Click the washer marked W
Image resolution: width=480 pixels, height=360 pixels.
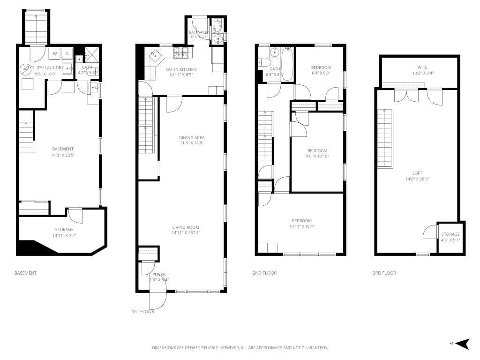coord(55,53)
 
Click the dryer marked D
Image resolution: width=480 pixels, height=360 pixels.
coord(67,53)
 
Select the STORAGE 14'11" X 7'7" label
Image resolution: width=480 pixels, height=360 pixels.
coord(64,232)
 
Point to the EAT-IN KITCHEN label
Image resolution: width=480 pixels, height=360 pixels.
coord(181,72)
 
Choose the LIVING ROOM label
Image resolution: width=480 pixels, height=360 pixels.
coord(186,230)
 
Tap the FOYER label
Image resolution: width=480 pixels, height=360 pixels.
coord(158,277)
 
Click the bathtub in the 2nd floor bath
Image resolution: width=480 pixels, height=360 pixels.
coord(287,64)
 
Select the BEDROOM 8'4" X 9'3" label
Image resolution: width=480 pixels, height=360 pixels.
coord(321,70)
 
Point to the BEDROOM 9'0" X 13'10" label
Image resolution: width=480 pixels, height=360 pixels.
coord(317,153)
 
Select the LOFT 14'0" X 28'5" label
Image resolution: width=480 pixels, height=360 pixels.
coord(416,176)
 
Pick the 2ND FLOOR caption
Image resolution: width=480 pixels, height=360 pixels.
coord(264,273)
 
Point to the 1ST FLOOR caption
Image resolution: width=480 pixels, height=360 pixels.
coord(143,311)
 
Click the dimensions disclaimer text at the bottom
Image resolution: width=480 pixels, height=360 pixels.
coord(240,348)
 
